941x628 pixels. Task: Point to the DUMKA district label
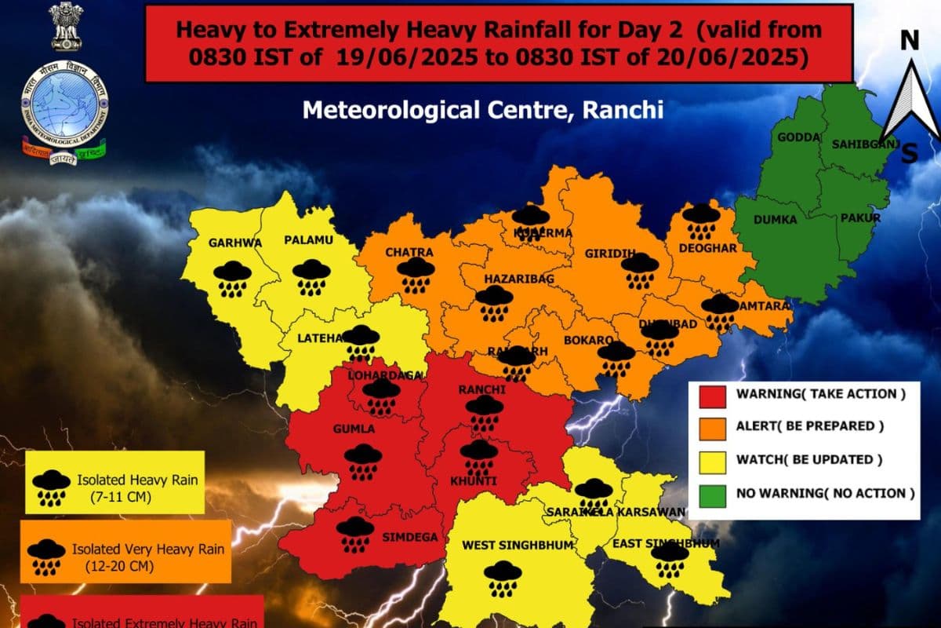pos(776,221)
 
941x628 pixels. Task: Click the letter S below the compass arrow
pos(909,153)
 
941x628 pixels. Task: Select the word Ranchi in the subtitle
pos(625,109)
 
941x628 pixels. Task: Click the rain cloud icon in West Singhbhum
pos(502,579)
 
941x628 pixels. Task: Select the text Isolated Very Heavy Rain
pos(147,549)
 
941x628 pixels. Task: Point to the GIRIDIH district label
pos(610,254)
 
